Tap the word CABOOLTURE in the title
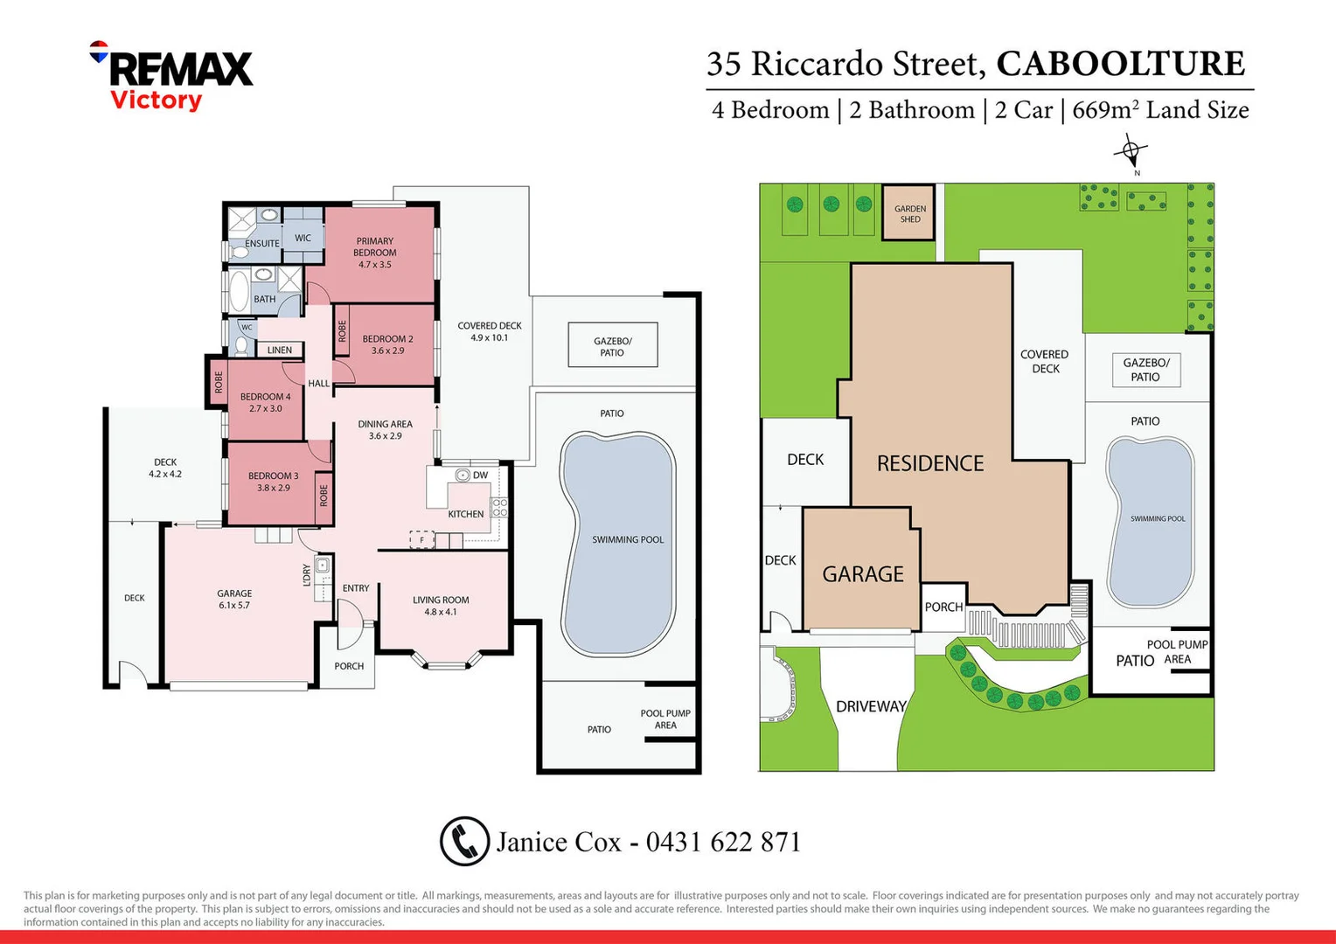pyautogui.click(x=1120, y=64)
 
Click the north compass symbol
pyautogui.click(x=1131, y=152)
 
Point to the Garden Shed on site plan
pyautogui.click(x=909, y=213)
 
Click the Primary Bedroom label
pyautogui.click(x=374, y=253)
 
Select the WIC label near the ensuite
pyautogui.click(x=303, y=238)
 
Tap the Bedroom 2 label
pyautogui.click(x=387, y=344)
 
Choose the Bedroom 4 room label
pyautogui.click(x=265, y=402)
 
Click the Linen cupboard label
pyautogui.click(x=280, y=350)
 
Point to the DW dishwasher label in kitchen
pyautogui.click(x=480, y=475)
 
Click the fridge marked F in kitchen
pyautogui.click(x=422, y=540)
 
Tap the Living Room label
pyautogui.click(x=441, y=606)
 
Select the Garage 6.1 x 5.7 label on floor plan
pyautogui.click(x=234, y=599)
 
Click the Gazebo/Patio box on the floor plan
pyautogui.click(x=612, y=346)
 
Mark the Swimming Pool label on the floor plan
pyautogui.click(x=628, y=540)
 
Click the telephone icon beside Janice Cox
pyautogui.click(x=464, y=841)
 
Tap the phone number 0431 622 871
pyautogui.click(x=723, y=842)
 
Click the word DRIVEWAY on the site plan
pyautogui.click(x=871, y=706)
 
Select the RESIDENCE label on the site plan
pyautogui.click(x=930, y=463)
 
